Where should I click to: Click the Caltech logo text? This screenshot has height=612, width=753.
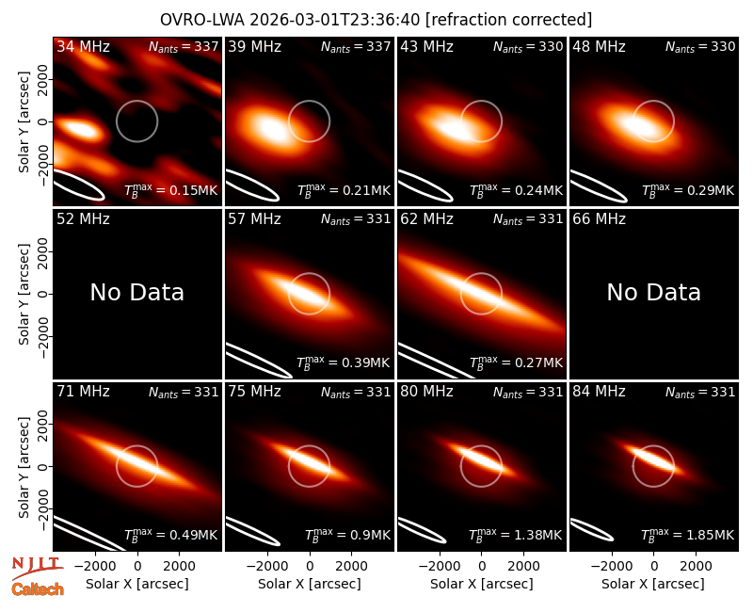pyautogui.click(x=38, y=589)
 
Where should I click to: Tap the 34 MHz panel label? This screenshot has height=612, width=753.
pyautogui.click(x=83, y=46)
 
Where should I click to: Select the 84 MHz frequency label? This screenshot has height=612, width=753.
pyautogui.click(x=599, y=392)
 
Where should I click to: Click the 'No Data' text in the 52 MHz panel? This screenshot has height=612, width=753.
pyautogui.click(x=137, y=292)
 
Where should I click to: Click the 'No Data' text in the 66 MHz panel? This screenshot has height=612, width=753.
pyautogui.click(x=653, y=292)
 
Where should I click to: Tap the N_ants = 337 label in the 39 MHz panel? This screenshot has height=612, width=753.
pyautogui.click(x=356, y=46)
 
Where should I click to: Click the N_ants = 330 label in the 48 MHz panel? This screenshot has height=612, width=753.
pyautogui.click(x=700, y=46)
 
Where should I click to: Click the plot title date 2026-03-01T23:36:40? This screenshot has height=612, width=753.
pyautogui.click(x=335, y=20)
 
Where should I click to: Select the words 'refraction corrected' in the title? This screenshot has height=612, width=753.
pyautogui.click(x=509, y=20)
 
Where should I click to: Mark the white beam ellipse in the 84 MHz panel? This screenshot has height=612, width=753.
pyautogui.click(x=591, y=530)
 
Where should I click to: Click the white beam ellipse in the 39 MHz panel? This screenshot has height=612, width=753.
pyautogui.click(x=251, y=185)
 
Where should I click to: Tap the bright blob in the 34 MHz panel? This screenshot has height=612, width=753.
pyautogui.click(x=79, y=129)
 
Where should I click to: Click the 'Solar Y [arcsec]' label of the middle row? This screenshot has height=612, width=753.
pyautogui.click(x=24, y=294)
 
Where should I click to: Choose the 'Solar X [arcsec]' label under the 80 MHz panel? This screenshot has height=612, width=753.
pyautogui.click(x=482, y=584)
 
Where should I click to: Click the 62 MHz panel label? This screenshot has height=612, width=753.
pyautogui.click(x=427, y=219)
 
